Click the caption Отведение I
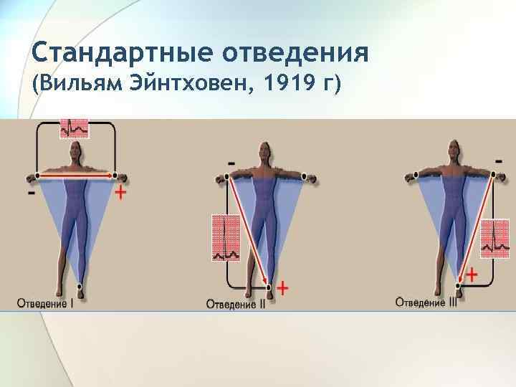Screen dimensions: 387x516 (x=46, y=302)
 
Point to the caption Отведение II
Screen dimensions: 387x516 (x=236, y=304)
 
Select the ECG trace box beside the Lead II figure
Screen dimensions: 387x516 (x=226, y=237)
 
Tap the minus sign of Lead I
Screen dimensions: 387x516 (x=32, y=193)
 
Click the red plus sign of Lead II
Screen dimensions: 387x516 (x=283, y=288)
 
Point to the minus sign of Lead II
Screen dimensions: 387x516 (x=231, y=164)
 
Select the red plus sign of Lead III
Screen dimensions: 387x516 (x=472, y=274)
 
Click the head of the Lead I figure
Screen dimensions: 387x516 (x=75, y=150)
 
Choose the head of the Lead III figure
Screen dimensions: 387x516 (x=452, y=150)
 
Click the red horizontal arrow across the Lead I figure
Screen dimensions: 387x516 (x=75, y=174)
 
